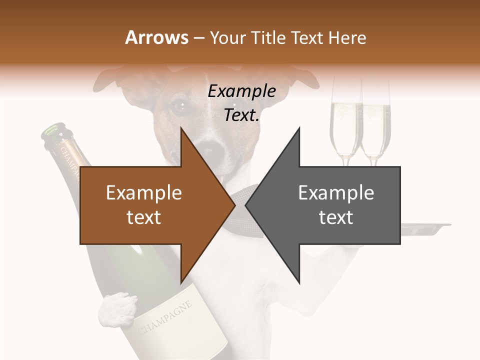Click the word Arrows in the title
(157, 37)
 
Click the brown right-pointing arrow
(150, 205)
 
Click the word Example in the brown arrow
(144, 193)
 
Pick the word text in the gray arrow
(336, 217)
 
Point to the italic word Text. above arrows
(241, 115)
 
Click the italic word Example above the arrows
(241, 91)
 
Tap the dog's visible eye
(178, 106)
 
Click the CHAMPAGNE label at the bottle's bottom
(165, 317)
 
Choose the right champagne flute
(375, 125)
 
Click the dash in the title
(199, 38)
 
